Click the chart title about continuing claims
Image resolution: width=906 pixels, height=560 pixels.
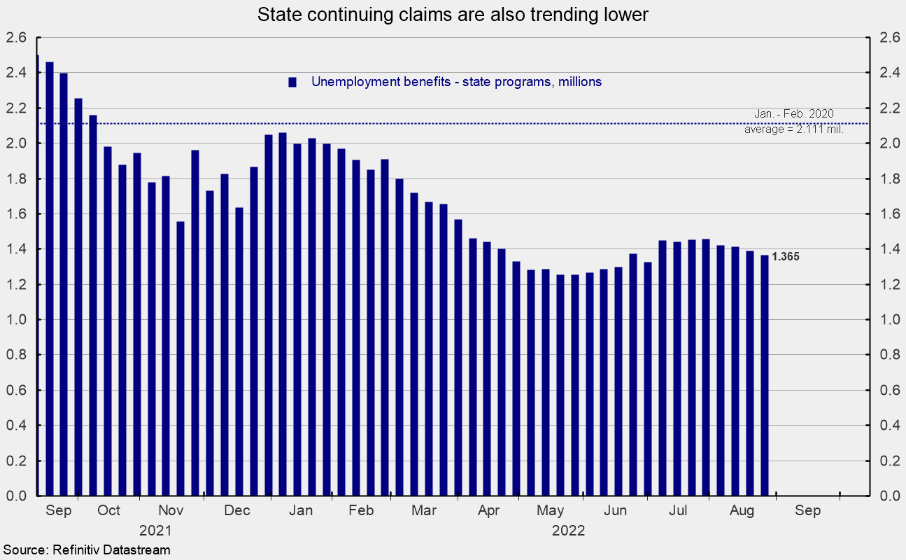(453, 15)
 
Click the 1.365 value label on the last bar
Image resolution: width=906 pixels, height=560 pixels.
(786, 257)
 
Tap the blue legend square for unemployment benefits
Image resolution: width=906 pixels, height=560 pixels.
(293, 82)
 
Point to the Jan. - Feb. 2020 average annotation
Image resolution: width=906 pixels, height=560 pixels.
(794, 121)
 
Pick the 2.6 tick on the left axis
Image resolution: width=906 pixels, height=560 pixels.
(16, 38)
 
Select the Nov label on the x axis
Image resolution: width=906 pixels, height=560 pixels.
(171, 511)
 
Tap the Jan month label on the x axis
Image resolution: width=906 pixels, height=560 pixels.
(301, 511)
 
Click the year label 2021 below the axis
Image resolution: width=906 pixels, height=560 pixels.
(155, 530)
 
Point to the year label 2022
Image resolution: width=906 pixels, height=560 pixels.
(568, 530)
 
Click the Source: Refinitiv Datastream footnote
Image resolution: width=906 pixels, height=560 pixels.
(85, 550)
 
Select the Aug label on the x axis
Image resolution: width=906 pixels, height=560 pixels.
(742, 511)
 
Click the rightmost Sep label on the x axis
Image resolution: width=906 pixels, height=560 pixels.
(807, 511)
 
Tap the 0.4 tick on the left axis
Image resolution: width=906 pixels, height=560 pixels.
(16, 426)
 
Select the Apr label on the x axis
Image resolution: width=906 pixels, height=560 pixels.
(488, 511)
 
